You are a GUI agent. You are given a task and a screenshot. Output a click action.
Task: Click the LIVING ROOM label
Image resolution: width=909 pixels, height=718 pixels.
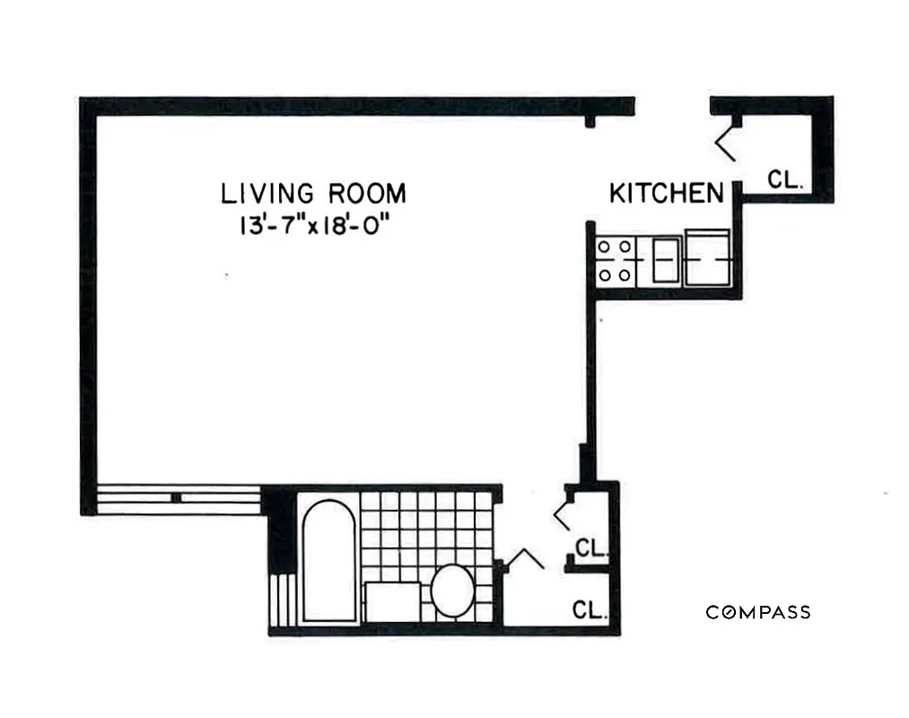coord(313,193)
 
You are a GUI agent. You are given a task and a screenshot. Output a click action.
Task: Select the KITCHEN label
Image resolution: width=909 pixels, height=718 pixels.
coord(667,193)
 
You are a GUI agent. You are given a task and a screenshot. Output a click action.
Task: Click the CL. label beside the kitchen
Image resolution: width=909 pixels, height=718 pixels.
coord(785,179)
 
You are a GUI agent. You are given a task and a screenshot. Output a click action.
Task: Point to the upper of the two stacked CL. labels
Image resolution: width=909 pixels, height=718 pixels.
coord(592,547)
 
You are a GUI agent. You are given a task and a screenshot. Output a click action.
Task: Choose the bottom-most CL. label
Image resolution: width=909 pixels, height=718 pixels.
coord(592,610)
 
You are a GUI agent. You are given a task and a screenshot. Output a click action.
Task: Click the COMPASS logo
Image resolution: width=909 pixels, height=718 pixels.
coord(758,612)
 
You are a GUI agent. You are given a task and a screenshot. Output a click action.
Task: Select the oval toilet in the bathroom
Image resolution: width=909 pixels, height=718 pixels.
coord(452,591)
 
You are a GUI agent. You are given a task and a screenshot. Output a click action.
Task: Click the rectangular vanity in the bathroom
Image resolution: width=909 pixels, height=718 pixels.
coord(392,601)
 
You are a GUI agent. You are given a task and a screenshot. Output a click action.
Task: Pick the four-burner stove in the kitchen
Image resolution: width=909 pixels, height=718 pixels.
coord(615,260)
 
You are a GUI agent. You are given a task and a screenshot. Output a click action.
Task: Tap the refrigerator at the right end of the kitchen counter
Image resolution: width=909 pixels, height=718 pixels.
coord(708,258)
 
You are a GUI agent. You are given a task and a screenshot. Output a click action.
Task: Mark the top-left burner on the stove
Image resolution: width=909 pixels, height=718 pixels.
coord(605,246)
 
